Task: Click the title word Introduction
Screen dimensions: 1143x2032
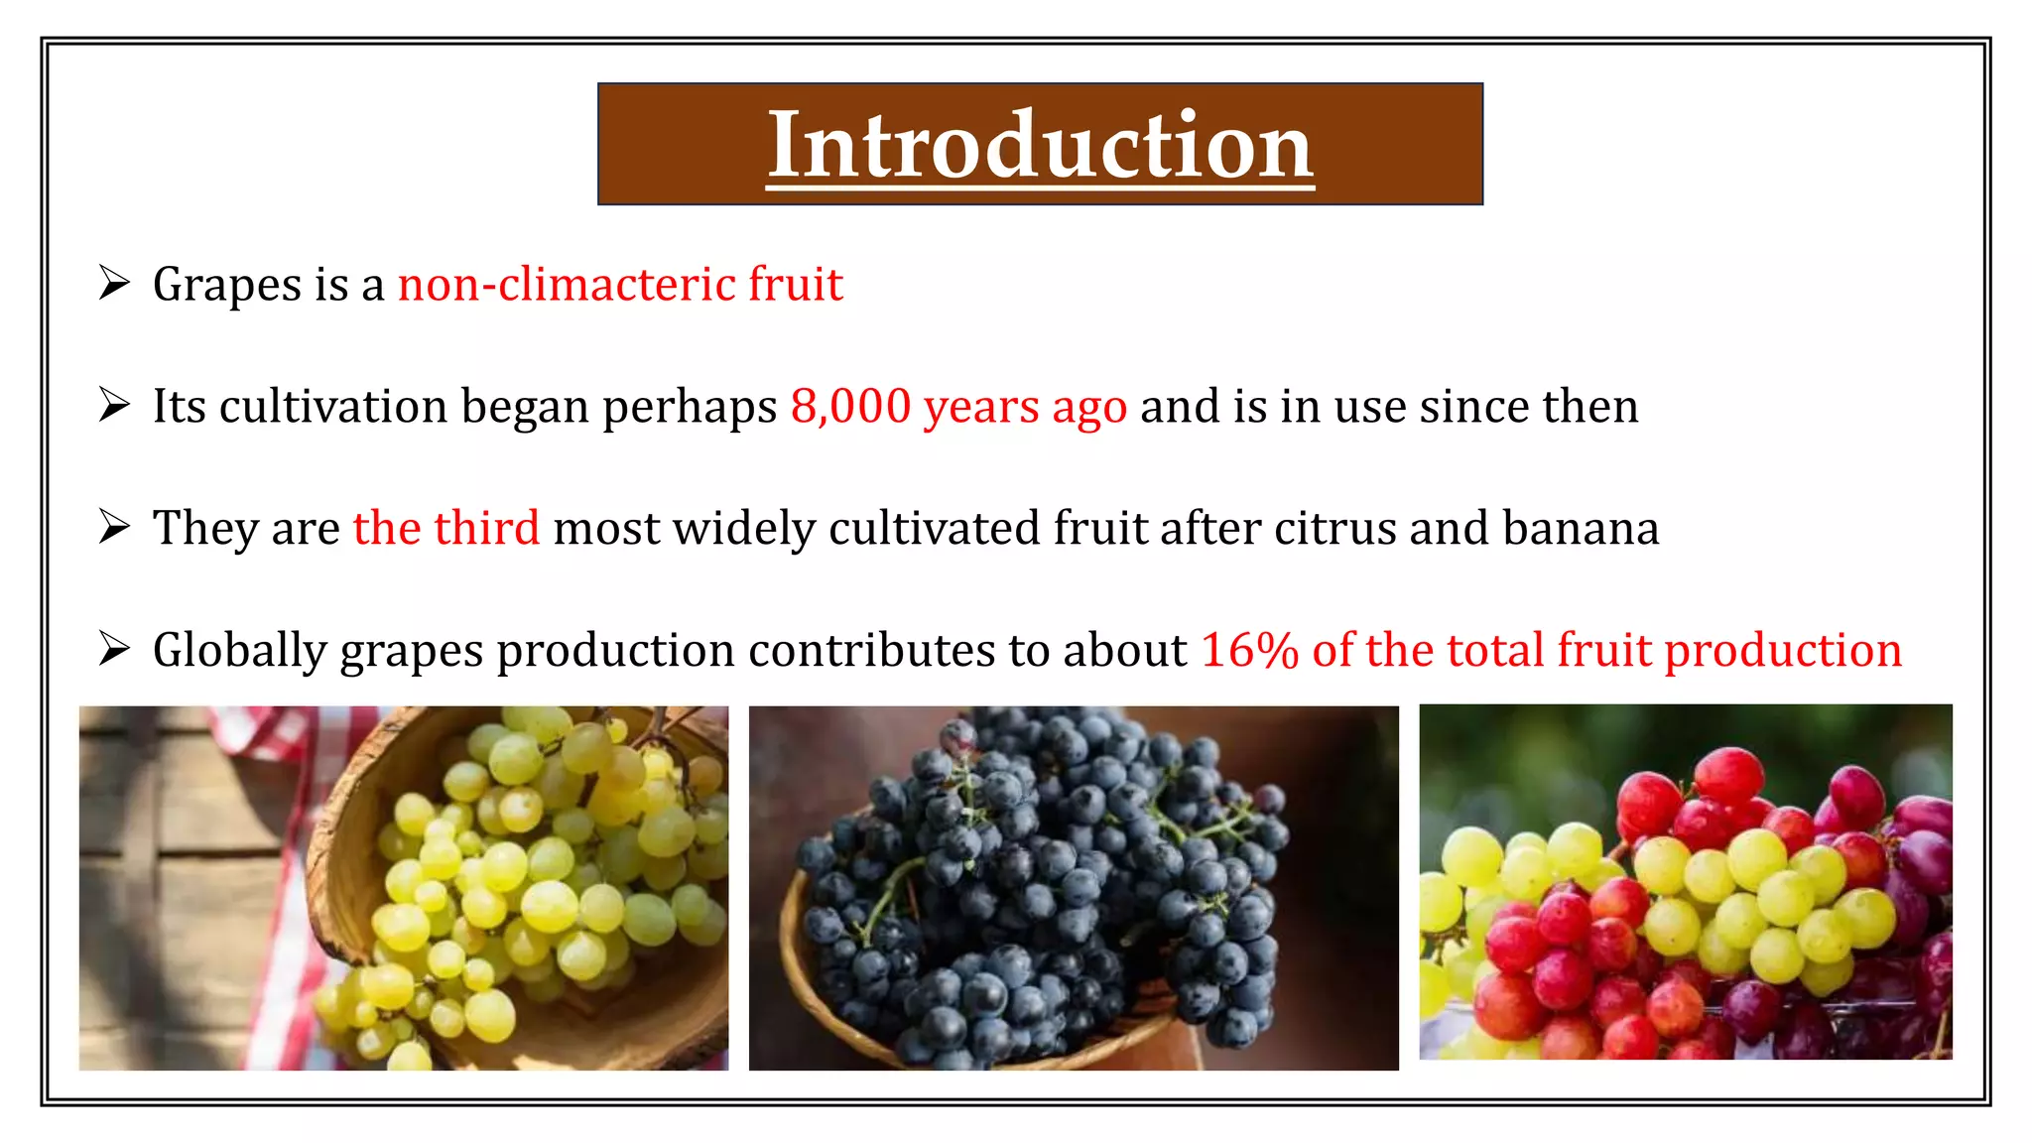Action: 1040,145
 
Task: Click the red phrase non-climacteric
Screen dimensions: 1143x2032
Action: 567,285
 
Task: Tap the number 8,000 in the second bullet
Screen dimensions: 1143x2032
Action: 850,407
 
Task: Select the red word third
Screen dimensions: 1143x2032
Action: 486,528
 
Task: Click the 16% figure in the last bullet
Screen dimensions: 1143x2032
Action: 1249,651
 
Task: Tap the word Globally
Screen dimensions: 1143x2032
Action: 239,651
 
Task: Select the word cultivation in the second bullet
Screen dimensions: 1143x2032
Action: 332,407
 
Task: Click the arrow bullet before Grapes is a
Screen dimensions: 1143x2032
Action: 114,284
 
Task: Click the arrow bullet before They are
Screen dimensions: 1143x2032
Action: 114,527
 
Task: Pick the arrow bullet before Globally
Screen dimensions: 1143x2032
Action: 114,650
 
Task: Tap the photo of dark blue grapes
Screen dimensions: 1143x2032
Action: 1073,887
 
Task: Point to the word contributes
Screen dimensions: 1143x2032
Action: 872,651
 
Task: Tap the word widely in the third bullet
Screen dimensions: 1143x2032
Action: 743,529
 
